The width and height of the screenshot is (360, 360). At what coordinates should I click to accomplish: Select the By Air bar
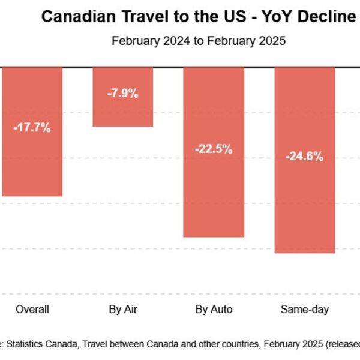pyautogui.click(x=122, y=111)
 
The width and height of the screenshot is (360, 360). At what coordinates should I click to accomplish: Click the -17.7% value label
pyautogui.click(x=32, y=127)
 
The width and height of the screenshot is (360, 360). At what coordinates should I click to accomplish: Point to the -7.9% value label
pyautogui.click(x=123, y=93)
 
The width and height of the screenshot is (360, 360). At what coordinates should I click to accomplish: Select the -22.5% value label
pyautogui.click(x=214, y=149)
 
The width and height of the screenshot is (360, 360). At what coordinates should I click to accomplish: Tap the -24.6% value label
pyautogui.click(x=305, y=157)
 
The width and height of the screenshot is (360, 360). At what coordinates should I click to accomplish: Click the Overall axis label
pyautogui.click(x=32, y=310)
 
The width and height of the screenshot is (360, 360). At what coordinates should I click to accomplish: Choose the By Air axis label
pyautogui.click(x=123, y=310)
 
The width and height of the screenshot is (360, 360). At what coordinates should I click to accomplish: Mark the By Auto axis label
pyautogui.click(x=214, y=310)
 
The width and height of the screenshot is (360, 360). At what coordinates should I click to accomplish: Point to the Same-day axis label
pyautogui.click(x=305, y=310)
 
